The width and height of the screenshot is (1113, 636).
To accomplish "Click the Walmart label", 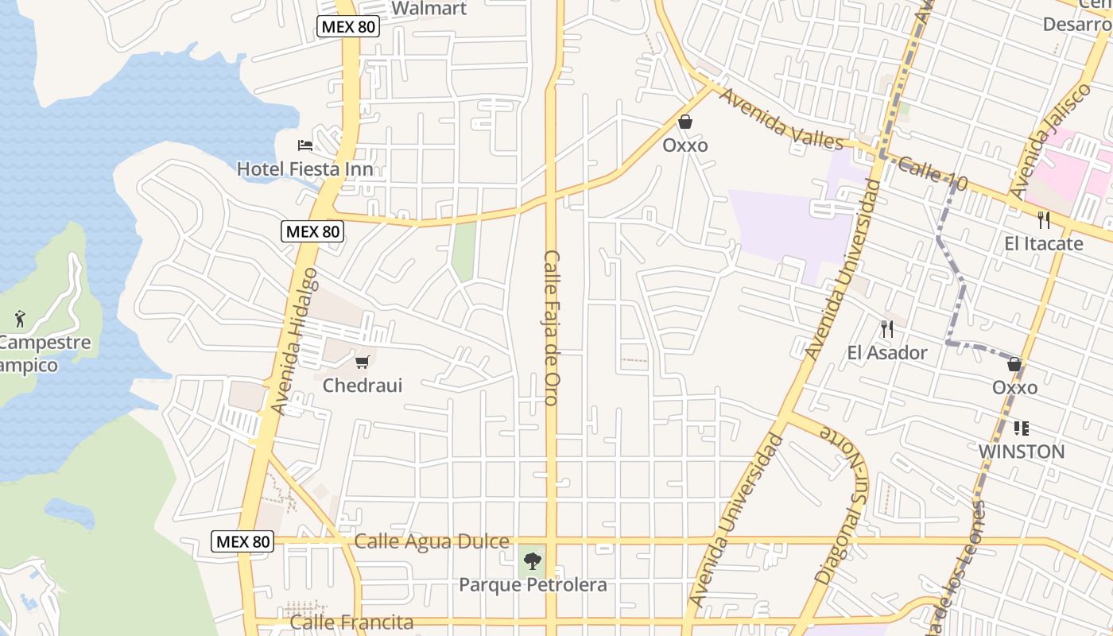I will coord(429,9).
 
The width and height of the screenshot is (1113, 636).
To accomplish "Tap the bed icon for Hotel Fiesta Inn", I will coord(305,145).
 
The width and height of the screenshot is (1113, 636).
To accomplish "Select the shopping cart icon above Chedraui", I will coord(363,362).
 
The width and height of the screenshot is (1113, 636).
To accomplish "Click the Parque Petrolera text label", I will coord(533,585).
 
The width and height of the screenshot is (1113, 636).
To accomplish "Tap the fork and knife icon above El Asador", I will coord(887,328).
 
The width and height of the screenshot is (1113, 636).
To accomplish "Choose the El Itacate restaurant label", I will coord(1043,243).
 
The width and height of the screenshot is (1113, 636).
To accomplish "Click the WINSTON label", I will coord(1022,452).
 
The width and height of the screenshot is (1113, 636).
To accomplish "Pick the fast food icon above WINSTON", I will coord(1022,429).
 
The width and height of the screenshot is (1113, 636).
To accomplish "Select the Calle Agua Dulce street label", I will coord(432,541).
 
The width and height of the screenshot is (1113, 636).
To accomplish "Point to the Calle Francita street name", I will coord(351,622).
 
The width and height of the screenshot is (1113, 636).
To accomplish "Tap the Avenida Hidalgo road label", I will coord(294,340).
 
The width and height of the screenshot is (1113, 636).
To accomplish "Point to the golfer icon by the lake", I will coord(20,320).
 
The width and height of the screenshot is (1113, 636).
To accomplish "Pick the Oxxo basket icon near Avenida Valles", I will coord(684,122).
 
